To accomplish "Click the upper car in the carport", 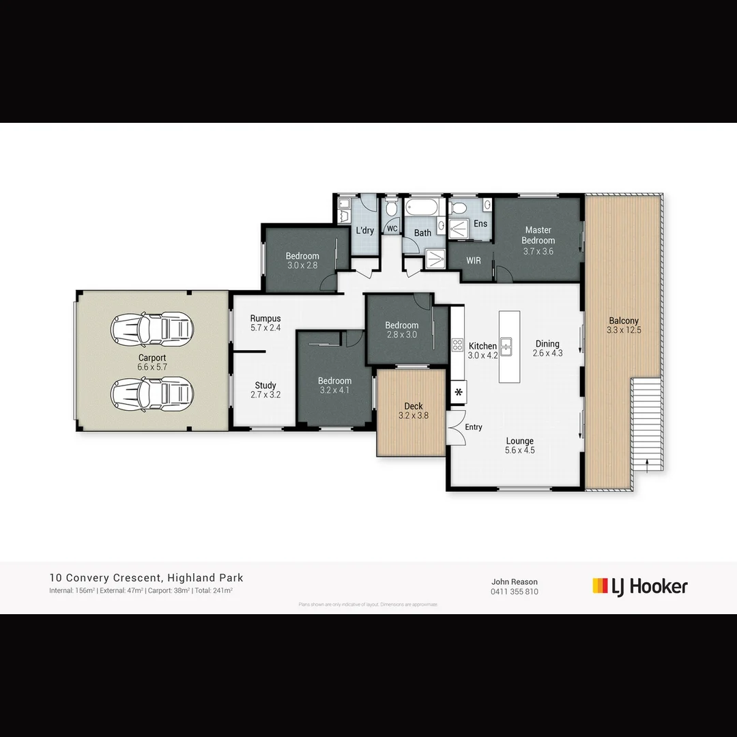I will point(152,330).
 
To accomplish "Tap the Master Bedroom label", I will point(538,235).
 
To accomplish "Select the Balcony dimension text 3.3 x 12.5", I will point(624,330).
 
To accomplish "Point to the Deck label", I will point(413,406).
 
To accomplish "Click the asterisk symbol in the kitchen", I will point(458,392).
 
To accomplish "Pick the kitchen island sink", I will point(506,347).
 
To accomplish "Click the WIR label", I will point(474,261).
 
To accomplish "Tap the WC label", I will point(392,229).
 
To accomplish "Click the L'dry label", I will point(365,231).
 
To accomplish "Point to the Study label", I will point(265,385).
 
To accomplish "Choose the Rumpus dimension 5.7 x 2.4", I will point(265,328).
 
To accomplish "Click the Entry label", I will point(474,427).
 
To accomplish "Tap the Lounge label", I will point(519,441).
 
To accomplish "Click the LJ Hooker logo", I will point(639,586).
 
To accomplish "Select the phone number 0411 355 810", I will point(514,592).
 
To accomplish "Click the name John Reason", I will point(514,582).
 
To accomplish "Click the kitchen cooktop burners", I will point(457,345).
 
